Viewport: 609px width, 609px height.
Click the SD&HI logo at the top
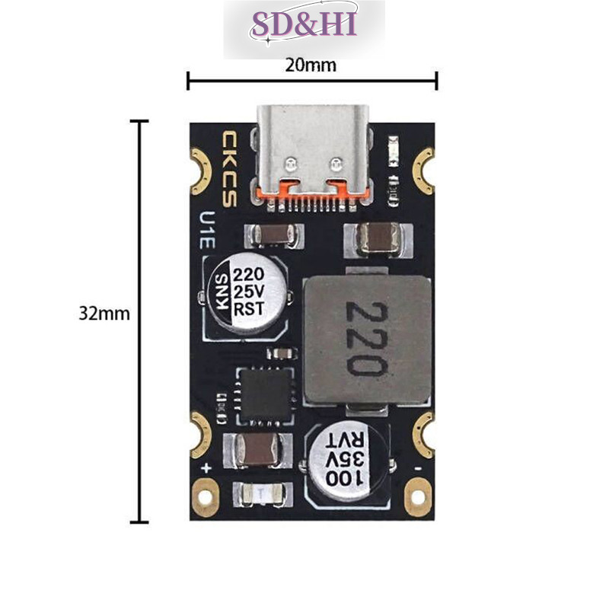(x=304, y=24)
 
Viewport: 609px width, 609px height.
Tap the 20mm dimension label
(x=311, y=65)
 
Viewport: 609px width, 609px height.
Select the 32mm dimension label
(x=104, y=314)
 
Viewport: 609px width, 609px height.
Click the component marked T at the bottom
(x=261, y=494)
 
